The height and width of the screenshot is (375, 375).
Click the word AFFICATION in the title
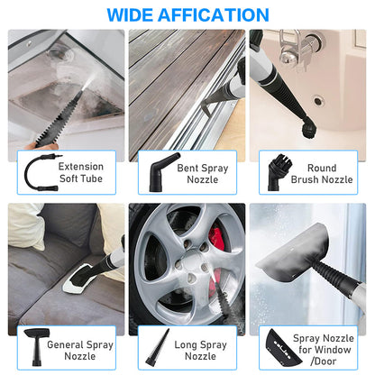tap(215, 14)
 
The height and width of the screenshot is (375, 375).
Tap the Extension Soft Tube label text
tap(80, 173)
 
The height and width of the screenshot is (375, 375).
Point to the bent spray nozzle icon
tap(154, 170)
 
